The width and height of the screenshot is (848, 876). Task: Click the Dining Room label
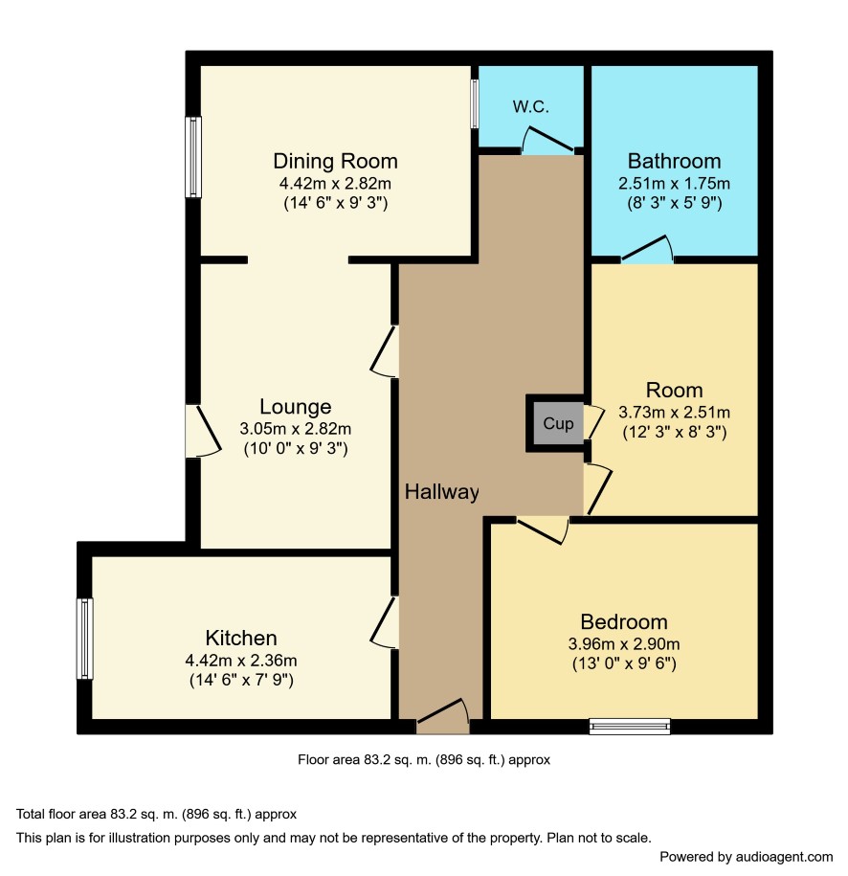[335, 162]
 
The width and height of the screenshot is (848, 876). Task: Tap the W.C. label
[530, 106]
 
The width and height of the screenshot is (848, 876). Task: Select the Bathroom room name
[674, 162]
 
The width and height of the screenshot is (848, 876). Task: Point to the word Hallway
[442, 492]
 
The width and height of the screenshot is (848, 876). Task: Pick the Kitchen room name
[241, 638]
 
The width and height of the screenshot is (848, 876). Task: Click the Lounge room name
[296, 407]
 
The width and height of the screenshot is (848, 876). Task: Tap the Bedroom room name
[624, 621]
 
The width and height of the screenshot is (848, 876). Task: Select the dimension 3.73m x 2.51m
[674, 413]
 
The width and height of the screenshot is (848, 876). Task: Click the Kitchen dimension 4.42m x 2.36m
[241, 661]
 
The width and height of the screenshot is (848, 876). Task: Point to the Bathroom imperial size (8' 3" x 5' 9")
[674, 203]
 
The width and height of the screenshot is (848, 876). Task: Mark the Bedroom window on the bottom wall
[630, 726]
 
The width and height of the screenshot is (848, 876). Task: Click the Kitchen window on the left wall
[85, 639]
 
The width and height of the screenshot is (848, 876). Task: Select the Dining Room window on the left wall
[193, 157]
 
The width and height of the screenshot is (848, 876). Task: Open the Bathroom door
[647, 249]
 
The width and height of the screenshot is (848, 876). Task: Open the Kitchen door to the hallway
[385, 622]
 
